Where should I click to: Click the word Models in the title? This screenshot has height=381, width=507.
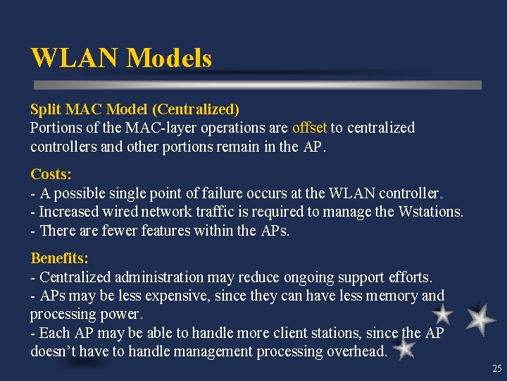(169, 58)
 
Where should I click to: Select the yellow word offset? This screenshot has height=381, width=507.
(310, 128)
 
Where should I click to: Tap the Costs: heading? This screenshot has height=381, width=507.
(51, 174)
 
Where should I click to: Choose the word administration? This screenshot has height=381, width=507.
(184, 277)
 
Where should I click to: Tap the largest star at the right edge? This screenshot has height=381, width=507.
(481, 318)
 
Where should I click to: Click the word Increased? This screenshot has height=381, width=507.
(70, 212)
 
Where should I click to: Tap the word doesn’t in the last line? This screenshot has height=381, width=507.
(54, 351)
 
